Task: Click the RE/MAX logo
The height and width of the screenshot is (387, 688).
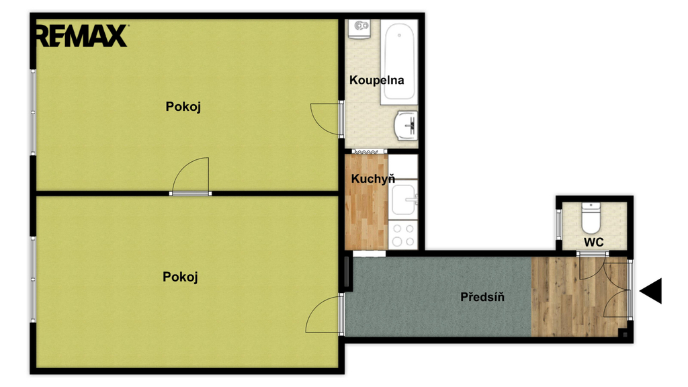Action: (x=81, y=36)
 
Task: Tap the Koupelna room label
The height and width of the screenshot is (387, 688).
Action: (x=376, y=81)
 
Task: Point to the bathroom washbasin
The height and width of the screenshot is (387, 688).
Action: (x=406, y=126)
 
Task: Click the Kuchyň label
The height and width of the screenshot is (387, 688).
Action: (x=373, y=179)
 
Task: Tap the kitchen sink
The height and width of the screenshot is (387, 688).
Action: (x=403, y=200)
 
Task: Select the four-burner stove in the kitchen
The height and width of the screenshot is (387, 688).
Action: (x=403, y=234)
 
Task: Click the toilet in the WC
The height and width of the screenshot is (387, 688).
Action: (x=591, y=218)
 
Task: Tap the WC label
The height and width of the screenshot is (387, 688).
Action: (x=594, y=242)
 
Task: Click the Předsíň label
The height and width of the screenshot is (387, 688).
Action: (x=482, y=297)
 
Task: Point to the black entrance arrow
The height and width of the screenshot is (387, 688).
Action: (x=650, y=291)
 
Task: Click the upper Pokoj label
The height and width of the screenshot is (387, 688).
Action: (x=183, y=107)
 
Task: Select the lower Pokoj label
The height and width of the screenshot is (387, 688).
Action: (x=180, y=277)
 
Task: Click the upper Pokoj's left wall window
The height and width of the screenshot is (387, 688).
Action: (x=33, y=112)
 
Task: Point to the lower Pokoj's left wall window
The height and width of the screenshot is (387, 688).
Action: (x=33, y=279)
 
